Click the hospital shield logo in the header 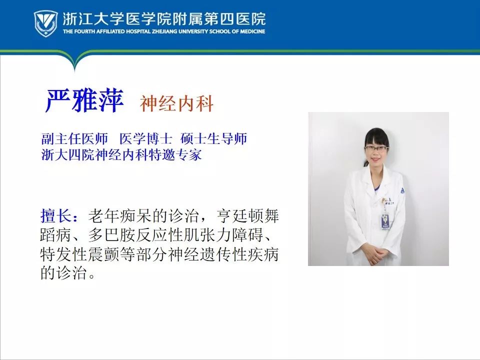[45, 23]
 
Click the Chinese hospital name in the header [164, 18]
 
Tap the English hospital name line [164, 31]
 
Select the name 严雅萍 [84, 100]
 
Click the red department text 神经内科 [176, 103]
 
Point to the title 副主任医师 [74, 138]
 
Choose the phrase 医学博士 [145, 138]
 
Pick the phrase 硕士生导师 [213, 138]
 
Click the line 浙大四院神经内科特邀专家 [121, 154]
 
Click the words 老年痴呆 [119, 216]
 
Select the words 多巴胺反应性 [135, 235]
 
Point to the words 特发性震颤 [80, 254]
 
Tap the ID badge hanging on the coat [385, 221]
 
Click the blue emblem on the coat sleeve [402, 190]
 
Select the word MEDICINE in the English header [253, 31]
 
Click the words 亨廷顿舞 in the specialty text [247, 216]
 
